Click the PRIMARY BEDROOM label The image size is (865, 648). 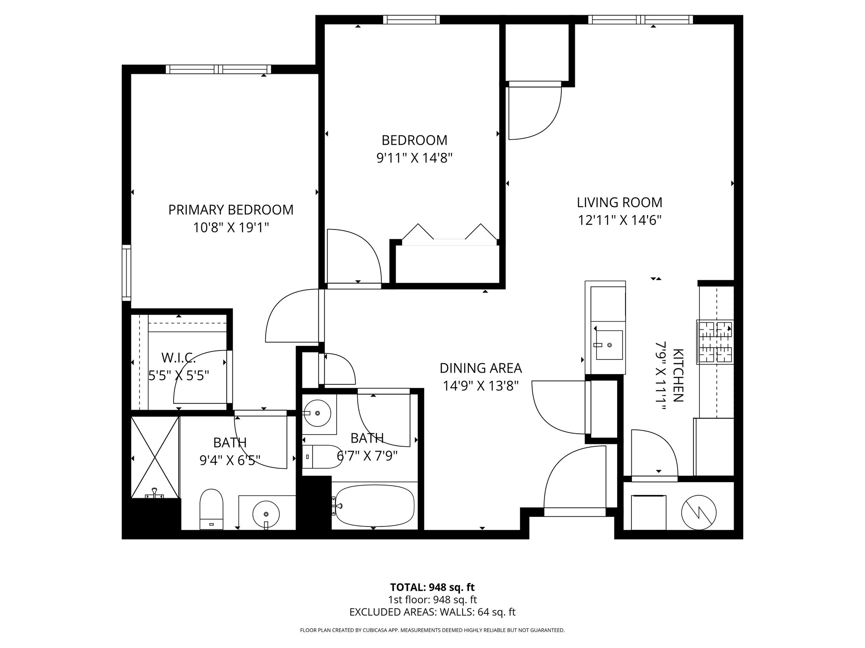[x=231, y=210]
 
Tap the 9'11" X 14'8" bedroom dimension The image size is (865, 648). [x=414, y=158]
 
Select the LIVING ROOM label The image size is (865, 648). [x=619, y=202]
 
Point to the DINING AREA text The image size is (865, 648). [x=481, y=368]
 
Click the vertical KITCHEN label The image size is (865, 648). [x=677, y=375]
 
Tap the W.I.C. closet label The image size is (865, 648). [x=178, y=358]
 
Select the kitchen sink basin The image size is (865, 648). [x=609, y=345]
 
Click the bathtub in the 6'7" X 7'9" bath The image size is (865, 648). [x=374, y=505]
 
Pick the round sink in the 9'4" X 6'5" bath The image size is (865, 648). [x=266, y=513]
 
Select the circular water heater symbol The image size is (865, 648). [x=699, y=512]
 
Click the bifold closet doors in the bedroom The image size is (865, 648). [x=449, y=235]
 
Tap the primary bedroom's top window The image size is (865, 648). [x=218, y=69]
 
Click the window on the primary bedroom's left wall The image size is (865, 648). [x=126, y=272]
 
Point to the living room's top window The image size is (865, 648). [x=640, y=19]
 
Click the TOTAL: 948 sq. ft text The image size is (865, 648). [x=432, y=587]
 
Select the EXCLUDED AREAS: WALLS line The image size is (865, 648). [x=432, y=612]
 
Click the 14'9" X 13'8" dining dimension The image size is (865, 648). [x=481, y=386]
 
